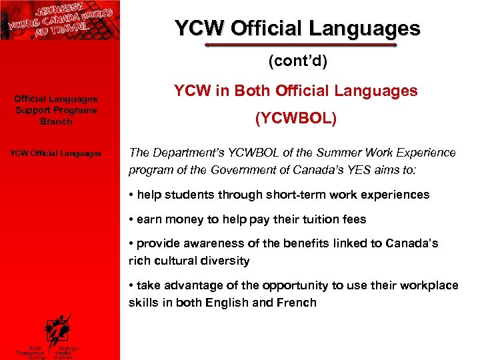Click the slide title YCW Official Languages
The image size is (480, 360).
coord(297,29)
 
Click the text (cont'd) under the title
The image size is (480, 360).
coord(297,61)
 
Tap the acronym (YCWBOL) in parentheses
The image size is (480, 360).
coord(297,119)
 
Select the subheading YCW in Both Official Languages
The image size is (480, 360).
coord(296,91)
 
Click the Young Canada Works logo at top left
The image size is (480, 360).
coord(60,20)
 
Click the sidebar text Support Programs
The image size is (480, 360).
coord(56,111)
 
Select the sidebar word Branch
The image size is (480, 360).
coord(56,122)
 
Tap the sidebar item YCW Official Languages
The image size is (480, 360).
coord(56,154)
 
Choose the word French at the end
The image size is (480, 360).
coord(298,302)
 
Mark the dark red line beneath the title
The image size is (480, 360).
coord(301,45)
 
